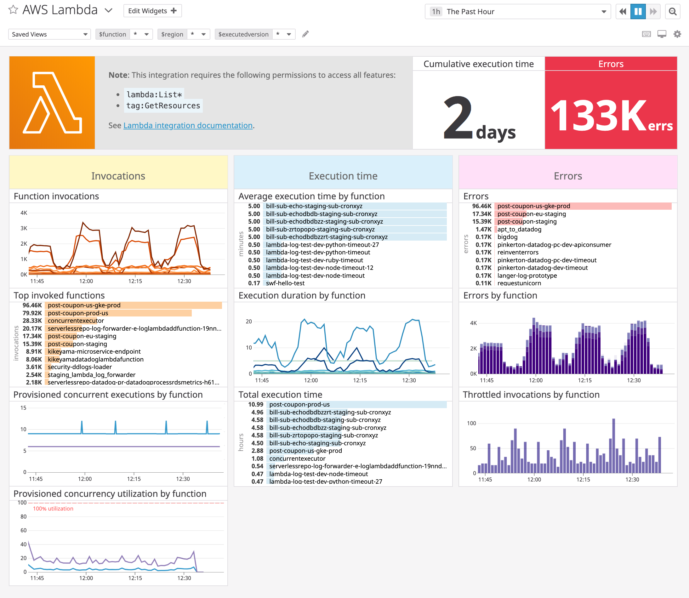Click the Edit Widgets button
click(152, 11)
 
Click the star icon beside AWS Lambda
click(13, 10)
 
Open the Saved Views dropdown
click(49, 34)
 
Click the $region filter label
click(172, 34)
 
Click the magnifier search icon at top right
click(673, 12)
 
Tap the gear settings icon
click(677, 34)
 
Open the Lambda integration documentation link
click(188, 125)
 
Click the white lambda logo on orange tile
click(52, 102)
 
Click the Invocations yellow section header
click(118, 176)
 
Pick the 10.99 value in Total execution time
click(256, 404)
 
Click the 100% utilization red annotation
click(53, 509)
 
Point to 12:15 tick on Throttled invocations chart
click(583, 480)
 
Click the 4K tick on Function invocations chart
click(24, 213)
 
